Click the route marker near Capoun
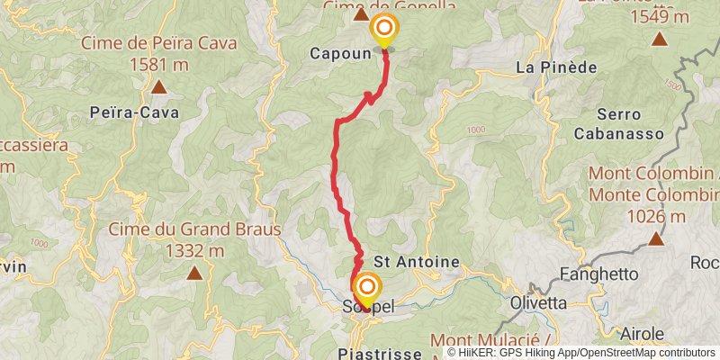tap(385, 28)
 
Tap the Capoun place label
tap(341, 53)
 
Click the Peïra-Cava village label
tap(134, 112)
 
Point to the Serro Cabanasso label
tap(618, 124)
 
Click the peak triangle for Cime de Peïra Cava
tap(158, 87)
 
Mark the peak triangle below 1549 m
tap(660, 40)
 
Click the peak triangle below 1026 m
tap(656, 239)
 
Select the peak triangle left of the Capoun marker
tap(361, 14)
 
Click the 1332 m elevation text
tap(195, 251)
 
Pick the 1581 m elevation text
tap(158, 65)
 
